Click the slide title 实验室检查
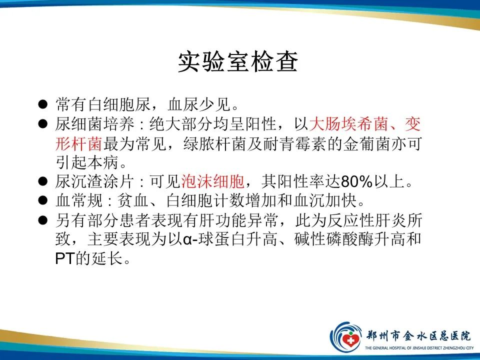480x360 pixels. point(238,62)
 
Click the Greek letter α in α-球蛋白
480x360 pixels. point(188,240)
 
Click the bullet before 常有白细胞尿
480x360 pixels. point(43,104)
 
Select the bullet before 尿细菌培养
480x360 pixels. point(43,123)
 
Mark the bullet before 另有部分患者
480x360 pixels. point(43,220)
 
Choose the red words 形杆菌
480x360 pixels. point(79,143)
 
